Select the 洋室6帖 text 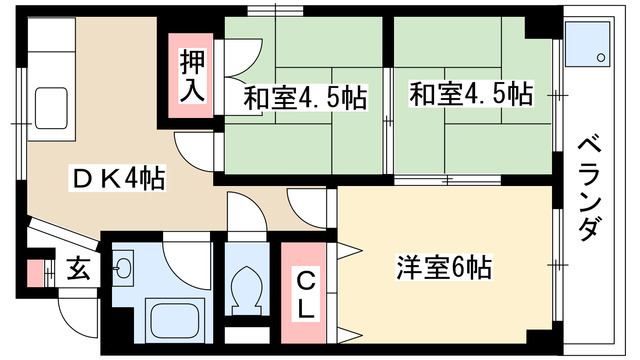[443, 268]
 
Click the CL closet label [306, 290]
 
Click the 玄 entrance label [76, 268]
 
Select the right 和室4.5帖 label [470, 95]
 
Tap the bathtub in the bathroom [175, 321]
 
